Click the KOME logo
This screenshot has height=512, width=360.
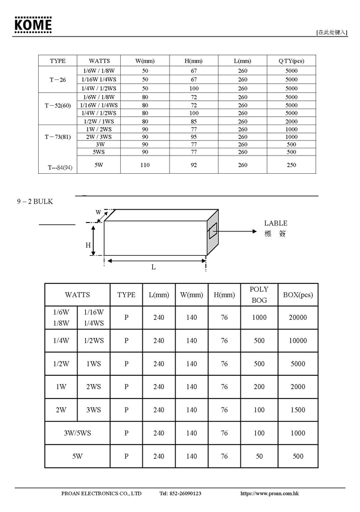tap(33, 25)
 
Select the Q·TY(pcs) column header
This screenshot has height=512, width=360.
tap(291, 61)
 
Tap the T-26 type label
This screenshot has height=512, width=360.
tap(57, 80)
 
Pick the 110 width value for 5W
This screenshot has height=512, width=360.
tap(145, 165)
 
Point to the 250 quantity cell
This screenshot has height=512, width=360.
tap(291, 165)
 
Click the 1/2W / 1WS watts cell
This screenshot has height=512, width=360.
tap(99, 121)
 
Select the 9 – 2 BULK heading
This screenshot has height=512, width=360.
tap(34, 201)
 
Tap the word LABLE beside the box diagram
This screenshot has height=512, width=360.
tap(275, 224)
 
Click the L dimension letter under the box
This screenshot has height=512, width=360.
tap(153, 267)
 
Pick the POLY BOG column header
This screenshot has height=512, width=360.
tap(259, 294)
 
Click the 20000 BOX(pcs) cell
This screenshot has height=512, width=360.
tap(298, 318)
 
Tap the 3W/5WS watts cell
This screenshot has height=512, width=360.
tap(77, 433)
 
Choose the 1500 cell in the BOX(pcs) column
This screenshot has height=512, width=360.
tap(298, 410)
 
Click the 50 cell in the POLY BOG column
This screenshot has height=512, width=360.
tap(259, 457)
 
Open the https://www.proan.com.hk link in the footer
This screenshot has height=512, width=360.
tap(270, 493)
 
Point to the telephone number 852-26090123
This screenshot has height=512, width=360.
tap(180, 493)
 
